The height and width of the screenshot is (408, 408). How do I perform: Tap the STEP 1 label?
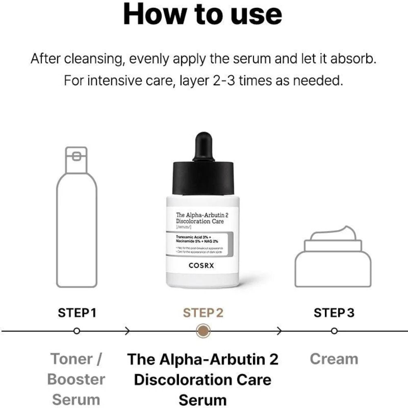tap(77, 313)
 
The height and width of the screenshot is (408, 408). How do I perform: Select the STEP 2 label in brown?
tap(203, 313)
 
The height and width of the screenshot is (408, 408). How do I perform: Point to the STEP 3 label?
tap(334, 313)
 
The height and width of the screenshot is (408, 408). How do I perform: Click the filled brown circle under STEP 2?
tap(203, 330)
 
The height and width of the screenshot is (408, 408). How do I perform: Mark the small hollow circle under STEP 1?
tap(76, 331)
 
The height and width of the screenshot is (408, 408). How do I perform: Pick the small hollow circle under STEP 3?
tap(334, 331)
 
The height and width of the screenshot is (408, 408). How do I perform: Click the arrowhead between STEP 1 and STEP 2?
tap(128, 331)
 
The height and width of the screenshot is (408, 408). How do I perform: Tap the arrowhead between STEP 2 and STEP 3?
tap(279, 331)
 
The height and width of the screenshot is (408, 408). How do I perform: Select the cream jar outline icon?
tap(333, 259)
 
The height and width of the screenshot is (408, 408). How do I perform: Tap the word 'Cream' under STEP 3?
tap(334, 359)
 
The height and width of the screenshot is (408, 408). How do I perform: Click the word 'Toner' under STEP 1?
tap(71, 359)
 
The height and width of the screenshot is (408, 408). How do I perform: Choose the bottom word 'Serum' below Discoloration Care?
tap(202, 399)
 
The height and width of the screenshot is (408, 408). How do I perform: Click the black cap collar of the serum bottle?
tap(203, 178)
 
